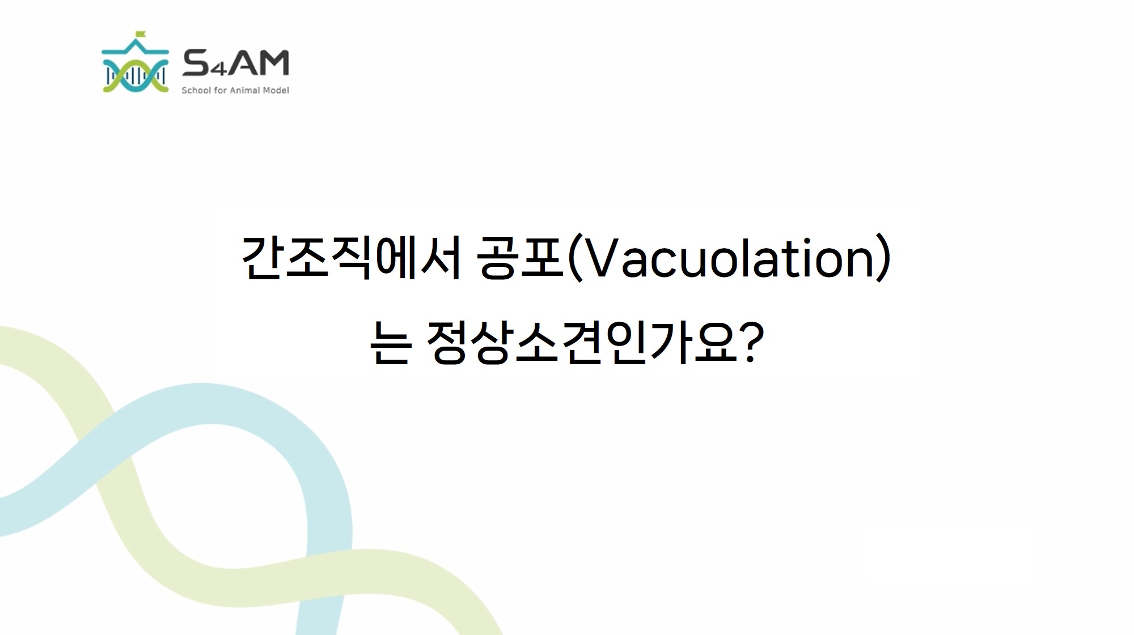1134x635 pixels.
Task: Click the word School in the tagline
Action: (x=196, y=90)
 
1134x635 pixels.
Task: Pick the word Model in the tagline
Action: (x=276, y=90)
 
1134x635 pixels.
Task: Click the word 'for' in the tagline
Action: (x=220, y=90)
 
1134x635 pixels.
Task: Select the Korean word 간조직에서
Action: (x=351, y=258)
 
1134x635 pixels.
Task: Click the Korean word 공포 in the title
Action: (x=520, y=258)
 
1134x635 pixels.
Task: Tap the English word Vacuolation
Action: (x=729, y=258)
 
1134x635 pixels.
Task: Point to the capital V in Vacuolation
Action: (x=600, y=258)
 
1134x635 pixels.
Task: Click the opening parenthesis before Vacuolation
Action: (x=574, y=258)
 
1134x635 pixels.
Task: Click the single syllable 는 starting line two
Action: (x=390, y=342)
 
